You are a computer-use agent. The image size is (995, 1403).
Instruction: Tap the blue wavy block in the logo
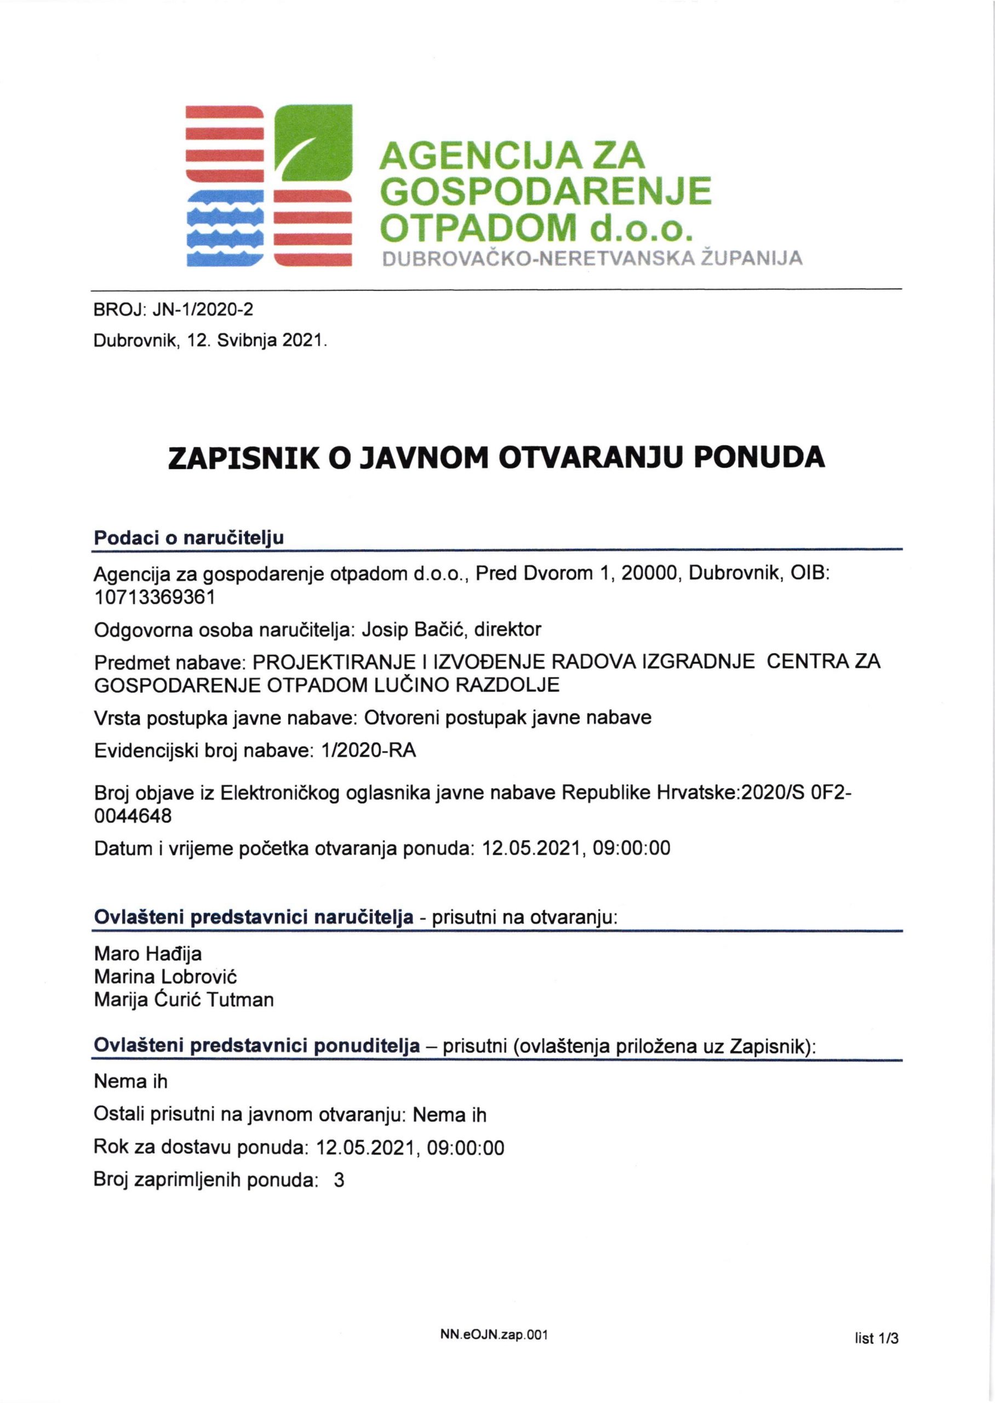(x=224, y=228)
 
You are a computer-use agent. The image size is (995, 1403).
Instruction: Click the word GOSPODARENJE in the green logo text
(x=545, y=192)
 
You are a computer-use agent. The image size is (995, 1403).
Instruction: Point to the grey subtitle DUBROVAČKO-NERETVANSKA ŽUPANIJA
(x=592, y=259)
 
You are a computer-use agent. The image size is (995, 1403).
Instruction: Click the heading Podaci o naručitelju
(x=188, y=538)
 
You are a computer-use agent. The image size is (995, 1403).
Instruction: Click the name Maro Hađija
(x=147, y=954)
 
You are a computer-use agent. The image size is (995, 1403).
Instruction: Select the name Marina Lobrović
(x=165, y=977)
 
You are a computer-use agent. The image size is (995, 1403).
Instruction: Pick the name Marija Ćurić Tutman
(x=184, y=1000)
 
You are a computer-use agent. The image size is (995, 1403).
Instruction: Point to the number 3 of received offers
(x=339, y=1180)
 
